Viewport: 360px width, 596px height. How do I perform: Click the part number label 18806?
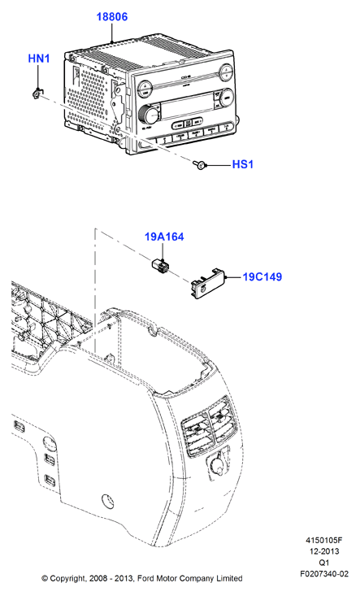pyautogui.click(x=111, y=17)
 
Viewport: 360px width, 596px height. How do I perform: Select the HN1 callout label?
pyautogui.click(x=39, y=59)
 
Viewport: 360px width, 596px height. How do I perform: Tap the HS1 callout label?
pyautogui.click(x=243, y=164)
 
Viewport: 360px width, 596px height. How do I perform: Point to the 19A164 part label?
pyautogui.click(x=164, y=237)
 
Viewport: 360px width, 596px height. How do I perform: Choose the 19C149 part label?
pyautogui.click(x=262, y=276)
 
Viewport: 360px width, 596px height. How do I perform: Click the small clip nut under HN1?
pyautogui.click(x=37, y=93)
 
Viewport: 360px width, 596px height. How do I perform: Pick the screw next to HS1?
pyautogui.click(x=200, y=164)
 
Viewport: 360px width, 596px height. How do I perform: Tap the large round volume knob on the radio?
pyautogui.click(x=150, y=113)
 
